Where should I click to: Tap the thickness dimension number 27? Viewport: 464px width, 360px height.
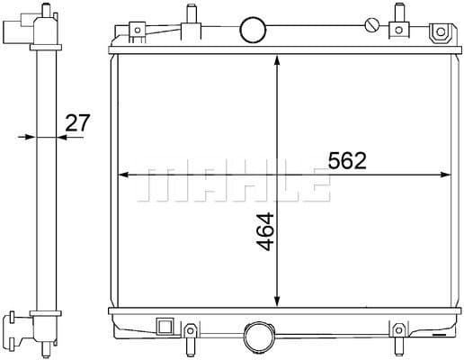(x=77, y=122)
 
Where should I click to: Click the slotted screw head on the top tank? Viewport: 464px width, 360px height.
(x=371, y=23)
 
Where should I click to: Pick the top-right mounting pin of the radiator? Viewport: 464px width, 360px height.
(x=397, y=16)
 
